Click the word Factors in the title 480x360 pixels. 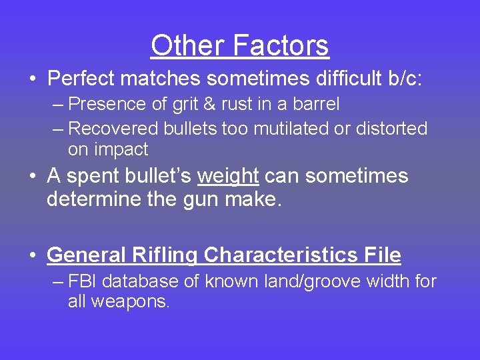280,46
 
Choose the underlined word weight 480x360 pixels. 228,177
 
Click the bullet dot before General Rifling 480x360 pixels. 33,256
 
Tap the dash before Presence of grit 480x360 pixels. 58,105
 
